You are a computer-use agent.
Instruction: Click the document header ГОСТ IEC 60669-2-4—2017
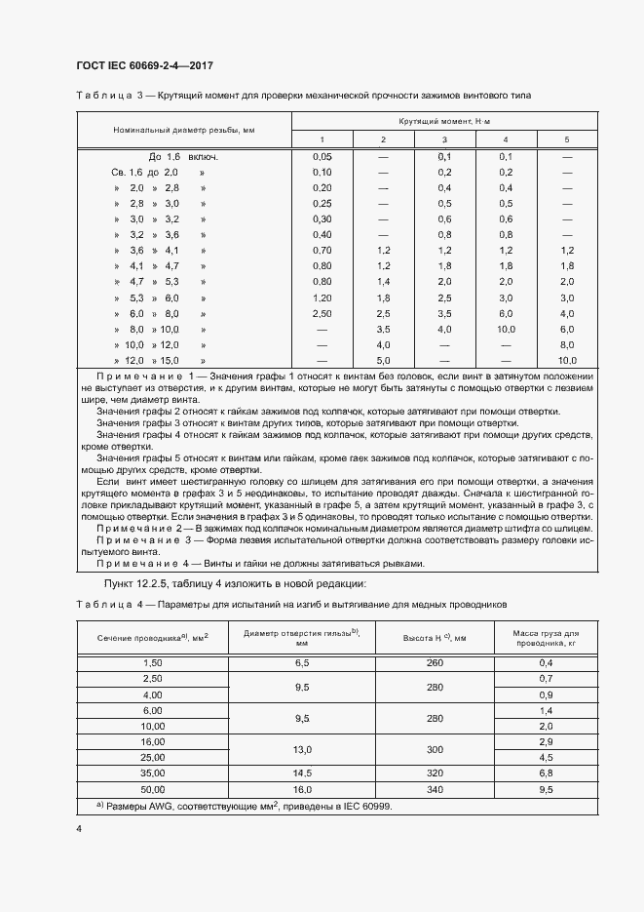click(144, 66)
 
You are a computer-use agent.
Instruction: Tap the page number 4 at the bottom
click(79, 828)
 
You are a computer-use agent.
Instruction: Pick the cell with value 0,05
click(322, 156)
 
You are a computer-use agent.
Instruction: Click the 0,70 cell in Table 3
click(322, 250)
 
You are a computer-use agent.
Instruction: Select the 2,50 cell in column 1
click(322, 313)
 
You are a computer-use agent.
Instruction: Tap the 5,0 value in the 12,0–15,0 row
click(383, 360)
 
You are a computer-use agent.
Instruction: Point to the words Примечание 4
click(138, 564)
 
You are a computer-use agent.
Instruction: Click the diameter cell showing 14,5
click(302, 773)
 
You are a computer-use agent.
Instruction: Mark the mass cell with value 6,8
click(547, 773)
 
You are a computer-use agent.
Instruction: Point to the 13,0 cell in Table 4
click(302, 749)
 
